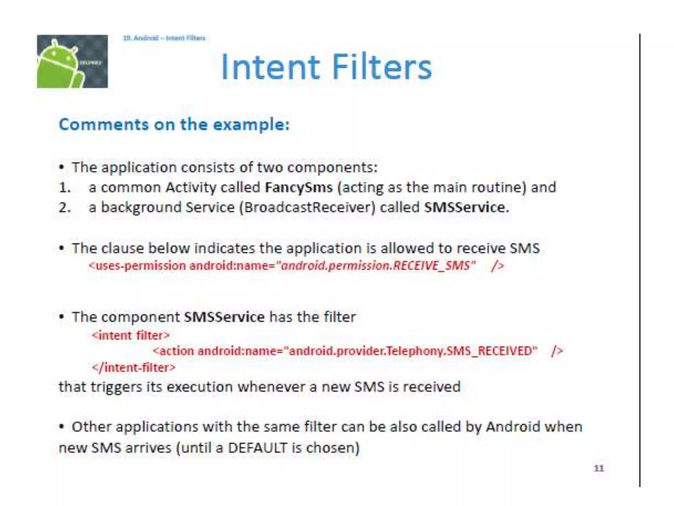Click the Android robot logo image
click(x=72, y=61)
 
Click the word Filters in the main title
click(x=382, y=67)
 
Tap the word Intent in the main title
click(x=270, y=67)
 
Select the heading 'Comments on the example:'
click(x=174, y=125)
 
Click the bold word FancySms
click(x=299, y=187)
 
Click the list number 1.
click(x=65, y=188)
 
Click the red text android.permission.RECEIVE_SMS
click(x=375, y=266)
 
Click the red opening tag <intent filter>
click(x=131, y=335)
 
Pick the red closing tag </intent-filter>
click(x=134, y=367)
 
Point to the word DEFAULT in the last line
click(x=258, y=448)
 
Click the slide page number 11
click(x=599, y=468)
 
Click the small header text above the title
click(x=164, y=38)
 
